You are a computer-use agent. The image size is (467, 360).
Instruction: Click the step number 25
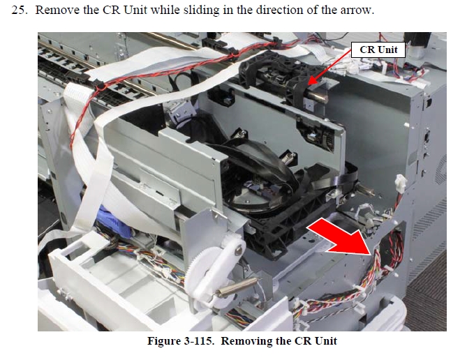pyautogui.click(x=19, y=10)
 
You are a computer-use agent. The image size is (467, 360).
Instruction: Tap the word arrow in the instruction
pyautogui.click(x=357, y=10)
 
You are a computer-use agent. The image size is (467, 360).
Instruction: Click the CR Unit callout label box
pyautogui.click(x=378, y=50)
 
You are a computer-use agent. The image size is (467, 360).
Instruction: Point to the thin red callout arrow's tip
pyautogui.click(x=309, y=84)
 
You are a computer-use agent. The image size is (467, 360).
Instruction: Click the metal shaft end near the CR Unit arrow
pyautogui.click(x=318, y=97)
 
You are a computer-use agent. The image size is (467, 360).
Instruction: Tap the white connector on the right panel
pyautogui.click(x=401, y=183)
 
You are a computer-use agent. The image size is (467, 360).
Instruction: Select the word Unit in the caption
pyautogui.click(x=326, y=340)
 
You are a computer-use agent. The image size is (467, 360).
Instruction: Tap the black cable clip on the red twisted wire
pyautogui.click(x=101, y=87)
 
